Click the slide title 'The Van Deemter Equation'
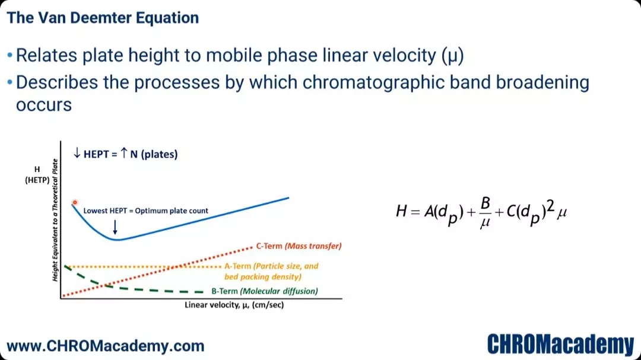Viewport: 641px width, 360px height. coord(103,18)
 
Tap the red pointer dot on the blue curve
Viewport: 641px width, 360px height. coord(75,202)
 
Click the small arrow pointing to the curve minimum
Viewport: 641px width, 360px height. coord(115,227)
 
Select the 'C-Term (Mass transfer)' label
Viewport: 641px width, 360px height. coord(299,246)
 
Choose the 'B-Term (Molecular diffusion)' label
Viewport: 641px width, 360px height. coord(265,291)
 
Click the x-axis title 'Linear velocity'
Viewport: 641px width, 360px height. coord(234,305)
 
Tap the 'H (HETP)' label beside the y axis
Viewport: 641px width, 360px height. coord(37,174)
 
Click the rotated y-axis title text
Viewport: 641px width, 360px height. coord(55,220)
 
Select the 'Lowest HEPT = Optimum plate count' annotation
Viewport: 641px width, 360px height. coord(145,211)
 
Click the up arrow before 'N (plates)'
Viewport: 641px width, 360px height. coord(124,153)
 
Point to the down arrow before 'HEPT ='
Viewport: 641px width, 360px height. coord(77,153)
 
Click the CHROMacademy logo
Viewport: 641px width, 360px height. coord(560,344)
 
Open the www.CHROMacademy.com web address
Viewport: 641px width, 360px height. coord(106,346)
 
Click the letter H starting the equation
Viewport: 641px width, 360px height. coord(401,211)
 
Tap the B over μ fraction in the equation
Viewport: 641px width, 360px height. coord(485,212)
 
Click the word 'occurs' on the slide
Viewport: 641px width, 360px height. coord(44,106)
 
